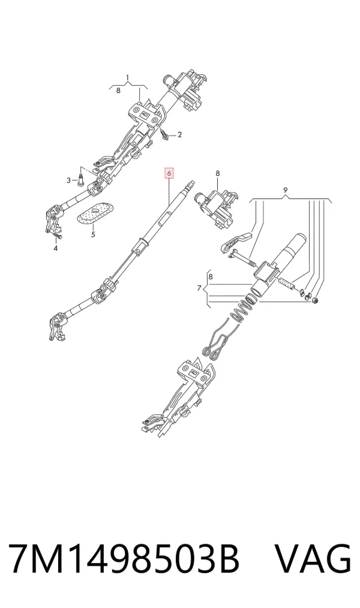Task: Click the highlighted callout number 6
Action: [169, 173]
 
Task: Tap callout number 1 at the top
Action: [127, 79]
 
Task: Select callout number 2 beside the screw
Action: [179, 135]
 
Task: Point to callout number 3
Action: [68, 180]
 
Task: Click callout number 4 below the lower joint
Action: [55, 248]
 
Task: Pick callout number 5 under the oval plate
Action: [93, 234]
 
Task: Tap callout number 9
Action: [285, 190]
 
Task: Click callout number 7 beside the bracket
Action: [199, 288]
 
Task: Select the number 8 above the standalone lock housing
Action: [218, 173]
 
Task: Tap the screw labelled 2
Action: [163, 135]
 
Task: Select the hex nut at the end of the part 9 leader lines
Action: [315, 300]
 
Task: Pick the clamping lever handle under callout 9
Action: [238, 240]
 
